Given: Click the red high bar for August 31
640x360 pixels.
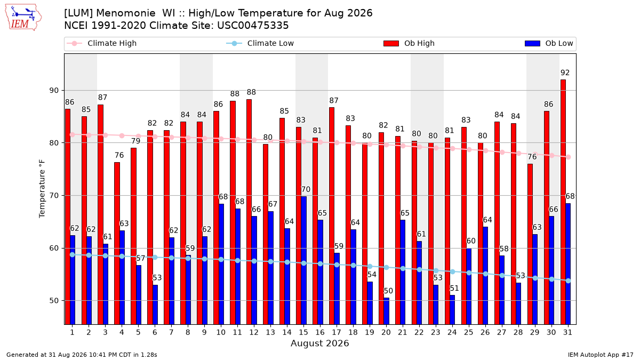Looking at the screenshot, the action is point(563,202).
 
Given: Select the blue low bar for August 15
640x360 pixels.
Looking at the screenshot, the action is point(303,260).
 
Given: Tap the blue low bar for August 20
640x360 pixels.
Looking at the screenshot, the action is point(386,311).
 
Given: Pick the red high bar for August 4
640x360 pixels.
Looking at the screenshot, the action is point(117,243).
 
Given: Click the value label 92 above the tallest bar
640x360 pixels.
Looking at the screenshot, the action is point(565,73).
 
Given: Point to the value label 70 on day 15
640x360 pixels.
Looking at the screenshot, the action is point(306,189).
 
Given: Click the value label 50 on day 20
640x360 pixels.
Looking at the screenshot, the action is point(388,291).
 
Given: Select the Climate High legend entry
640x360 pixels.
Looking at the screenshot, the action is point(101,43).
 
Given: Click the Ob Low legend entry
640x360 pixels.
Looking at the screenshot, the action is point(549,43).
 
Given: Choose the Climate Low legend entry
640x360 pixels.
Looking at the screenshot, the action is point(260,43).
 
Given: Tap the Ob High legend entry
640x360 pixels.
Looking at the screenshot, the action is point(409,43).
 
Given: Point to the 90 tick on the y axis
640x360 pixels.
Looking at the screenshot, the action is point(54,91).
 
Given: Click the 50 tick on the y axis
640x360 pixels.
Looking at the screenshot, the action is point(54,301).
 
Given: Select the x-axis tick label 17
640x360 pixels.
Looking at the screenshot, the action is point(337,332).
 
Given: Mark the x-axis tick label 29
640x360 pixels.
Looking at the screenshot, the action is point(534,332).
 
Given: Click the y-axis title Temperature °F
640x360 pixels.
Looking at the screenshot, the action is point(42,189).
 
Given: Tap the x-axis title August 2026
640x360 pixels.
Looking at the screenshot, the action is point(319,343).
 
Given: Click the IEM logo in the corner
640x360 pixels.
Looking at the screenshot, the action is point(23,18).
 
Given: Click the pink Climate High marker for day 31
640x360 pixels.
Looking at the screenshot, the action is point(569,157).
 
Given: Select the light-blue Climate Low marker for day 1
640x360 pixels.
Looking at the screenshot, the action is point(73,254).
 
